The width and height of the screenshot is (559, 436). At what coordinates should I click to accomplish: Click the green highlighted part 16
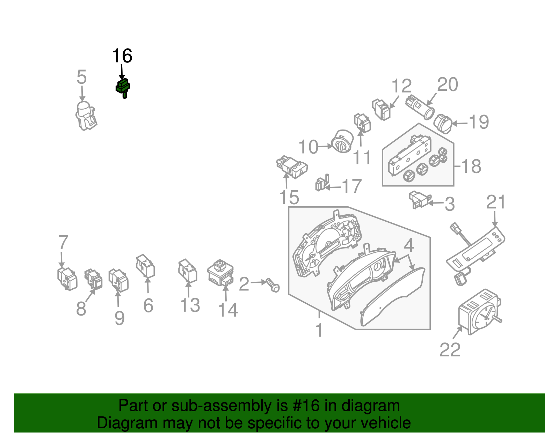pyautogui.click(x=123, y=87)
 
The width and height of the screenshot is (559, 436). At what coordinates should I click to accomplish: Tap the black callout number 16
pyautogui.click(x=122, y=56)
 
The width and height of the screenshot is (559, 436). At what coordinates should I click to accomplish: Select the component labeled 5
pyautogui.click(x=86, y=116)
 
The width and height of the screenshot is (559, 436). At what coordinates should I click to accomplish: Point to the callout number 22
pyautogui.click(x=450, y=350)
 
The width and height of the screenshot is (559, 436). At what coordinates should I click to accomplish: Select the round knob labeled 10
pyautogui.click(x=342, y=141)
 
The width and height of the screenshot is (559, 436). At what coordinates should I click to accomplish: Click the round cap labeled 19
pyautogui.click(x=443, y=124)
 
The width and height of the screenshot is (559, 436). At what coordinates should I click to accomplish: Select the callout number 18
pyautogui.click(x=471, y=167)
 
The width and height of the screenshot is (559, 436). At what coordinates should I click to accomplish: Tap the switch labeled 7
pyautogui.click(x=67, y=279)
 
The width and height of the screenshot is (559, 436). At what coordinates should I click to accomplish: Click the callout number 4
pyautogui.click(x=409, y=245)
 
